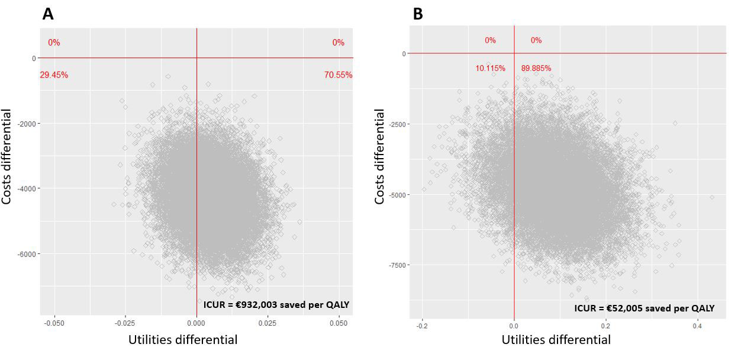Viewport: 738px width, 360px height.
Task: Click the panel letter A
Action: tap(48, 14)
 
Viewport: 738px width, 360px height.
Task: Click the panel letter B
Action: tap(418, 14)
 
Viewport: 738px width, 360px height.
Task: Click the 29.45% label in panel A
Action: tap(54, 75)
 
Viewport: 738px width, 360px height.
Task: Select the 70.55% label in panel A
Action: tap(338, 75)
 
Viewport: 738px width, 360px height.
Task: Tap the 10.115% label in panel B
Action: tap(490, 68)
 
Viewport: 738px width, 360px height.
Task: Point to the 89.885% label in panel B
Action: tap(536, 68)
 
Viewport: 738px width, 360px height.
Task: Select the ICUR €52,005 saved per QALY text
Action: tap(644, 308)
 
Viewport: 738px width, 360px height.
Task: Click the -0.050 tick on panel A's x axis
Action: tap(54, 324)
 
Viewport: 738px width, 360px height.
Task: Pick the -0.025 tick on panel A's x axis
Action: tap(125, 324)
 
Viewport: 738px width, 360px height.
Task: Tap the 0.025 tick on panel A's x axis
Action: tap(268, 324)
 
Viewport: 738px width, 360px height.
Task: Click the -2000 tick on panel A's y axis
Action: tap(24, 123)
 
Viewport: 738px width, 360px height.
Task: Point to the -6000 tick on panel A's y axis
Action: tap(24, 253)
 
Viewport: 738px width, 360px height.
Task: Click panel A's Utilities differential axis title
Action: tap(183, 340)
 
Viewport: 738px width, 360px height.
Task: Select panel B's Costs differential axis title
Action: tap(380, 157)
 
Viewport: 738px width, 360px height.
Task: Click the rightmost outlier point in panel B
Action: tap(712, 197)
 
